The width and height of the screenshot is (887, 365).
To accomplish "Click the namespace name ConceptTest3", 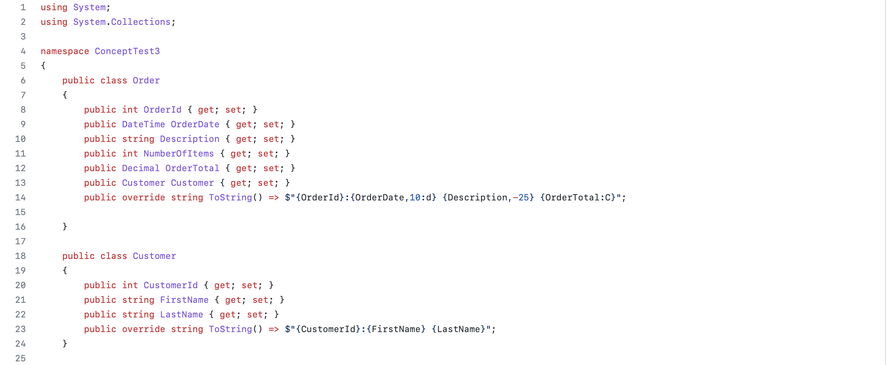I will coord(127,51).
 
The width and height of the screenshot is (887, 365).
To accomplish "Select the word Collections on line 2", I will coord(141,22).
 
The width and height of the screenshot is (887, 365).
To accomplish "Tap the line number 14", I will coord(20,197).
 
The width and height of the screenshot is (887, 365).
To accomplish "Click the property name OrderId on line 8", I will coord(162,110).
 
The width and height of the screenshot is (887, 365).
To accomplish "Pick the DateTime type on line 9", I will coord(143,124).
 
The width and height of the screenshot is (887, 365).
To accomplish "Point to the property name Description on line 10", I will coord(190,139).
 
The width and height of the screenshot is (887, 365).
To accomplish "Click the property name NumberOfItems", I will coord(178,154).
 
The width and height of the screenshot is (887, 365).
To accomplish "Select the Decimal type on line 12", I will coord(141,168).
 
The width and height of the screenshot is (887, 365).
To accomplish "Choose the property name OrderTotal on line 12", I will coord(192,168).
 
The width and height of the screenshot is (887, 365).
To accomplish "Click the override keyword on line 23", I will coord(143,329).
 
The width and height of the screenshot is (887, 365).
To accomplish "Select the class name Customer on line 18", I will coord(154,256).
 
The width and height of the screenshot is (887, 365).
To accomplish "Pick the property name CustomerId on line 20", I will coord(171,285).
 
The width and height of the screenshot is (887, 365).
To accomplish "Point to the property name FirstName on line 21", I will coord(184,300).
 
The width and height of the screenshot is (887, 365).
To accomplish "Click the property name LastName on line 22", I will coord(181,315).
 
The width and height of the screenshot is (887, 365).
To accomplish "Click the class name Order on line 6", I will coord(146,80).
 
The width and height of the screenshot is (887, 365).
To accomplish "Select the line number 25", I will coord(20,358).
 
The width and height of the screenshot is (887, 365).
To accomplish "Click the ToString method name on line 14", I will coord(230,197).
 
